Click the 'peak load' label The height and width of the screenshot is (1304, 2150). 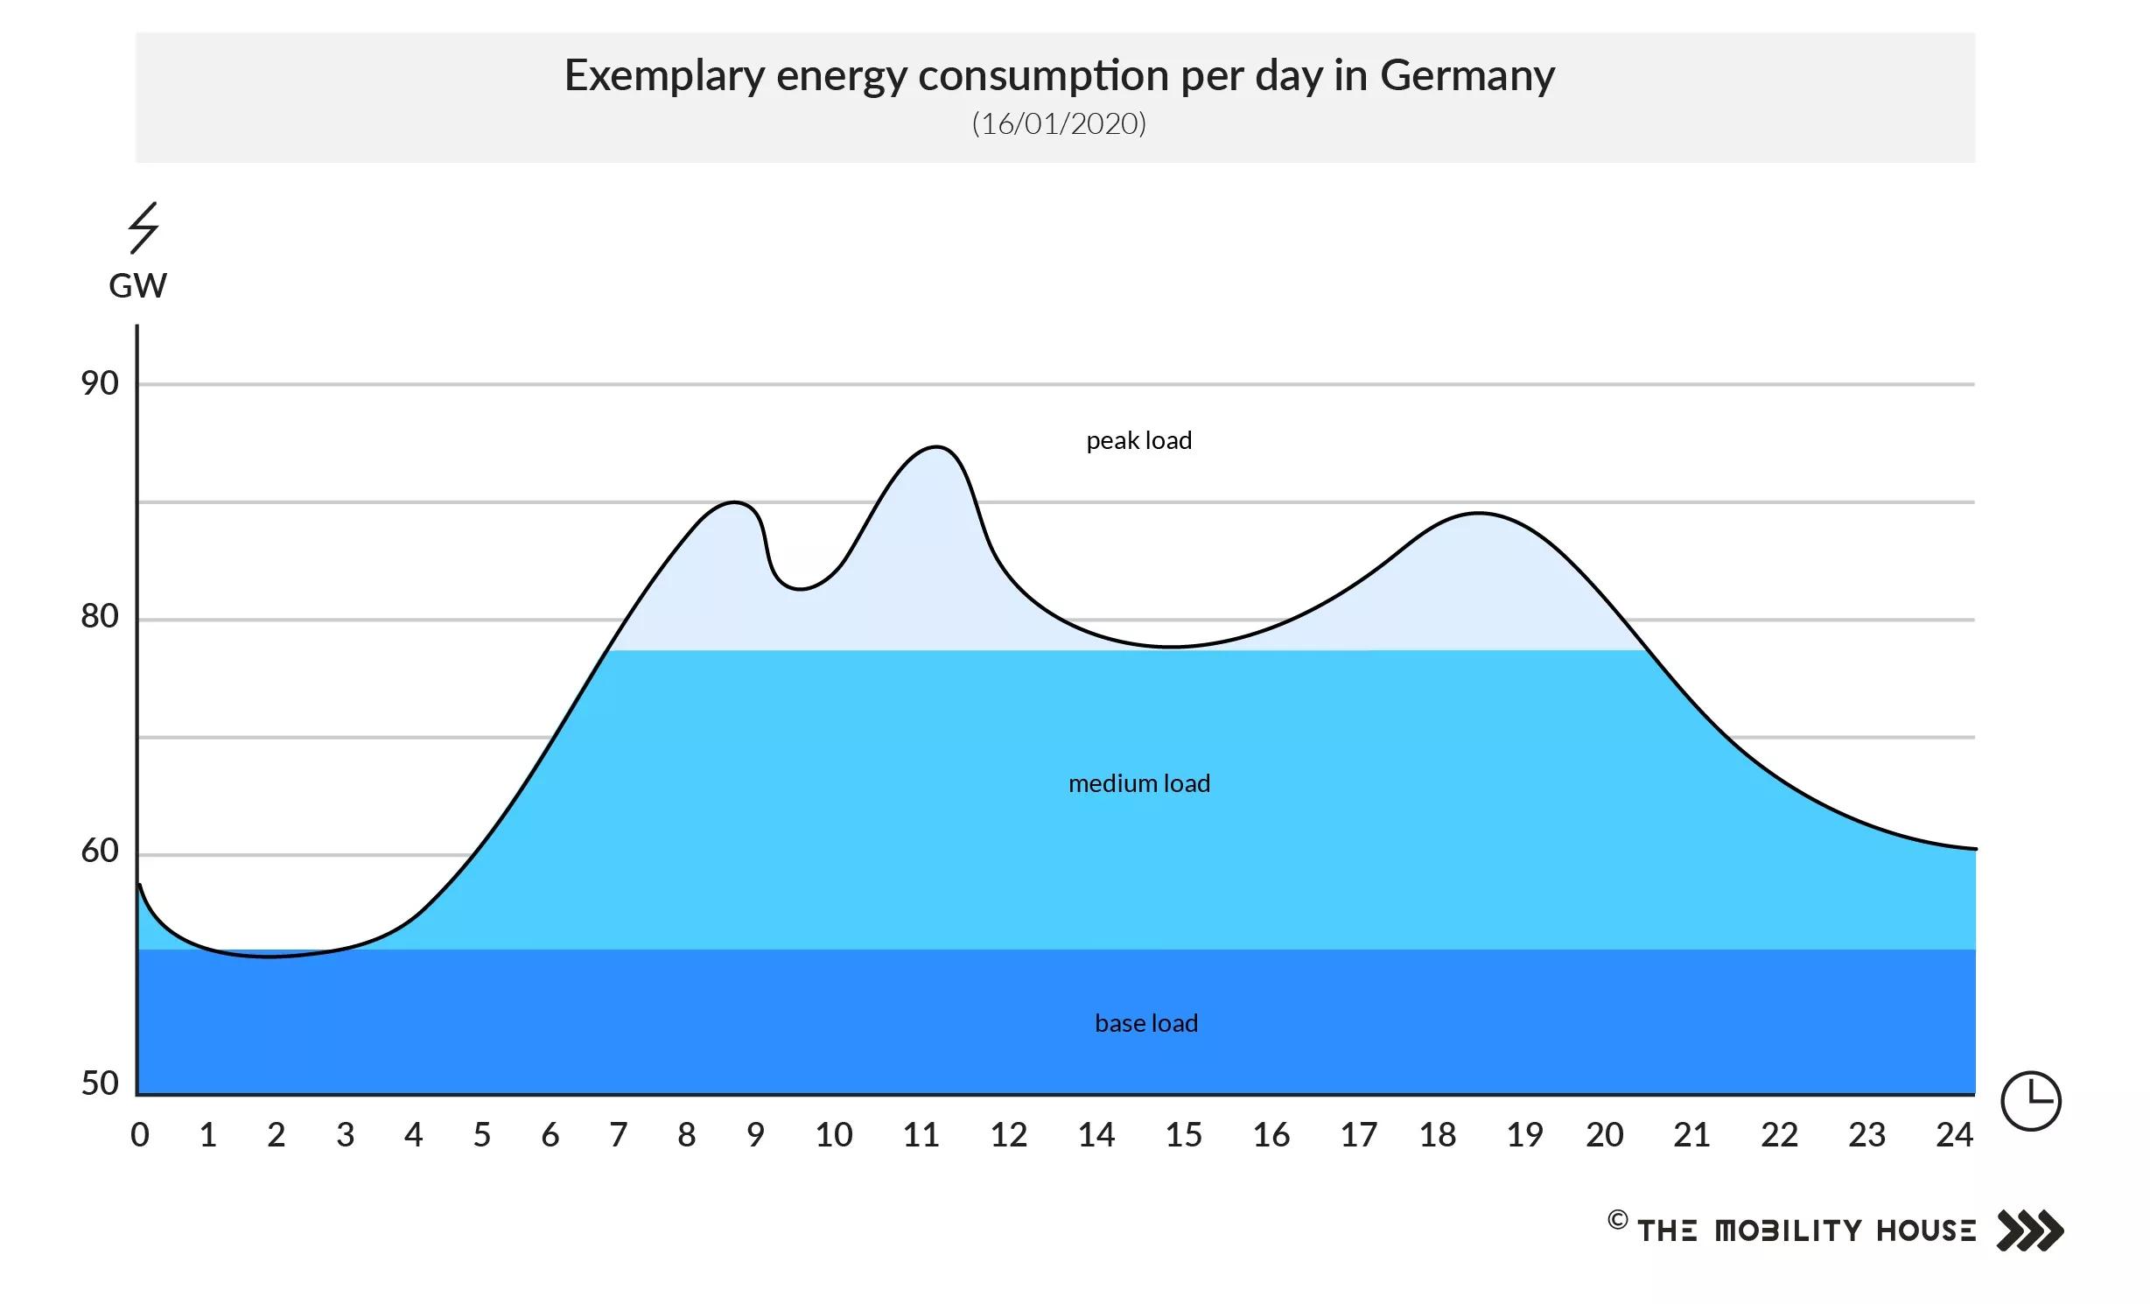point(1138,441)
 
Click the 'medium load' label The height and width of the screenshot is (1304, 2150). point(1138,783)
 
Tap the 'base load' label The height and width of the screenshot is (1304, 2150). point(1145,1023)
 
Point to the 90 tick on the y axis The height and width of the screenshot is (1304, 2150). point(100,383)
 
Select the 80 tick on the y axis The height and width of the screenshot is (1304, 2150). point(100,617)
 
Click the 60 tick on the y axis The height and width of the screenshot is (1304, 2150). point(100,851)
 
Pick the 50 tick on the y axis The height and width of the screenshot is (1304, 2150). point(100,1083)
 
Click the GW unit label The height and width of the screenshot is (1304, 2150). point(137,286)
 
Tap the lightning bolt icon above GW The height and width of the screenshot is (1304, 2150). point(144,228)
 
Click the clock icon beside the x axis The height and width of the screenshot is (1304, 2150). point(2031,1101)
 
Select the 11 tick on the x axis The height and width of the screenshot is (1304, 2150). point(921,1135)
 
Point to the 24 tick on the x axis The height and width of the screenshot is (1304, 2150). point(1954,1135)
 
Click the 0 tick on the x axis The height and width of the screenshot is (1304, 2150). point(140,1135)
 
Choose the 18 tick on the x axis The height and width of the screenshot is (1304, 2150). point(1437,1135)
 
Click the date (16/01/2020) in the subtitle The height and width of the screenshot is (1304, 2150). point(1059,123)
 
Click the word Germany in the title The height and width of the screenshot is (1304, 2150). point(1467,76)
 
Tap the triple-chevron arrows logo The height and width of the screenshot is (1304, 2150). point(2030,1230)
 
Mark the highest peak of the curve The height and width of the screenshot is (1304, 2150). point(936,447)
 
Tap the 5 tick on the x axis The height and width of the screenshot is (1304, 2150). point(481,1135)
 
